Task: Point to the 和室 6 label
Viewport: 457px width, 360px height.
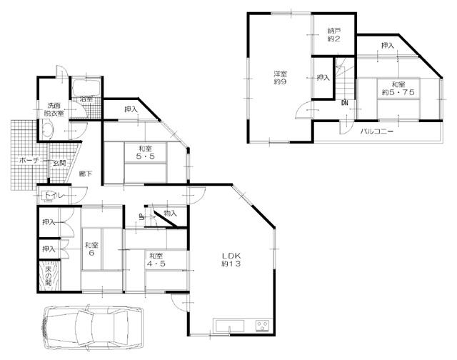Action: click(91, 250)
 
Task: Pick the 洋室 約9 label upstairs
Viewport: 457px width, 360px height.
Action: click(279, 77)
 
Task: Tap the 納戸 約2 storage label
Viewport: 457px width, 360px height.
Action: click(335, 34)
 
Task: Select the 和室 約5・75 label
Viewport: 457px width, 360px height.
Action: click(399, 88)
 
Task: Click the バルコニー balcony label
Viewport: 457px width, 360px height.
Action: click(378, 132)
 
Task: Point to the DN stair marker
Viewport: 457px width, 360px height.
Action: click(346, 104)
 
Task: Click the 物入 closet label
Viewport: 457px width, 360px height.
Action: click(170, 213)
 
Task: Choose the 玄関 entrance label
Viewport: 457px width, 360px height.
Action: click(58, 163)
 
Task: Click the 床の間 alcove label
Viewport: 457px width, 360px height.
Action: click(49, 275)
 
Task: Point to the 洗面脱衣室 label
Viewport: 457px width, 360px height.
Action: click(51, 108)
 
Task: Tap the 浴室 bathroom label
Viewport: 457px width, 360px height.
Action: click(86, 99)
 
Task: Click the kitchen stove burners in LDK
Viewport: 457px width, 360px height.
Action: click(261, 326)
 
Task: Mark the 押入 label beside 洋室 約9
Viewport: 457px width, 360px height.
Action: click(323, 77)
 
